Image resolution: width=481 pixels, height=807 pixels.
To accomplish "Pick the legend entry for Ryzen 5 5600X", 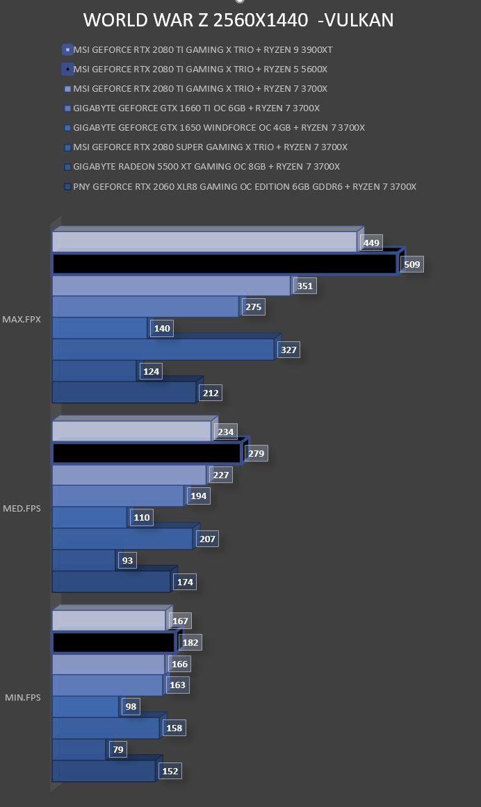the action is coord(195,69).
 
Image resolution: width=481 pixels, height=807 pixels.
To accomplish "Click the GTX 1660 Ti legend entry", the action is coord(192,108).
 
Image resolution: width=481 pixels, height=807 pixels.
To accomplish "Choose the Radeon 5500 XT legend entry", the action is coord(202,167).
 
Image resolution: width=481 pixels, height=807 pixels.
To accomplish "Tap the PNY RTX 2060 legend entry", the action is coord(240,186).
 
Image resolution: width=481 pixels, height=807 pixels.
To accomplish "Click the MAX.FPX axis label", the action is coord(22,319).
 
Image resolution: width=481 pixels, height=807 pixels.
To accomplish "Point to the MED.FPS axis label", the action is coord(22,509).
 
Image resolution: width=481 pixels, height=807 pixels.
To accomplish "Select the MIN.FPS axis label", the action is coord(23,697).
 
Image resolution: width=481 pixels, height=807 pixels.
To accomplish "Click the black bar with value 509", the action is coord(225,264).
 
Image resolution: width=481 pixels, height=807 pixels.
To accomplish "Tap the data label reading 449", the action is coord(371,243).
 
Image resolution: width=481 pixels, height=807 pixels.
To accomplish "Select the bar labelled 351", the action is coord(171,286).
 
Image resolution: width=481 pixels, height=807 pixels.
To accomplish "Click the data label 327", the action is coord(288,350).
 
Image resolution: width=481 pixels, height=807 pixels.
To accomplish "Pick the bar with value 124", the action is coord(94,371).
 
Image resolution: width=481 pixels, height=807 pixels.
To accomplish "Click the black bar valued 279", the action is coord(147,453).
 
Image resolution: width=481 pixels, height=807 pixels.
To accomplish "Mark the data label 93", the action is coord(128,560).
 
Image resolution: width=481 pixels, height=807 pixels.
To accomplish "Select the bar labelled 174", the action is coord(111,582).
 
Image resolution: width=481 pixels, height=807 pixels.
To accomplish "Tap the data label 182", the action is coord(190,642).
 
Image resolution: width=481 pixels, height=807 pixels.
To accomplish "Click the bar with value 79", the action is coord(79,749).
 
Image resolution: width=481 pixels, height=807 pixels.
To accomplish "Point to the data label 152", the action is coord(170,771).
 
